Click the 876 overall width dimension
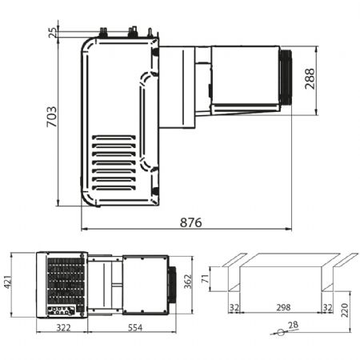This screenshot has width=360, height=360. [191, 222]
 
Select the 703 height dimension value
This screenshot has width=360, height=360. [52, 117]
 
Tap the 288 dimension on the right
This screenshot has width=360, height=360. [310, 78]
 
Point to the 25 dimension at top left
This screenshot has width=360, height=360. [53, 33]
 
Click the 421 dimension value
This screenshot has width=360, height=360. [8, 282]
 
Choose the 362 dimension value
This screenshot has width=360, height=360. [188, 282]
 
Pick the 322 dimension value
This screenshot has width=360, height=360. [63, 328]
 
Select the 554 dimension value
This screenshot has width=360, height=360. [135, 328]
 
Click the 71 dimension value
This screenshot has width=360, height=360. [206, 279]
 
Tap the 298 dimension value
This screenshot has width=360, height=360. [283, 307]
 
